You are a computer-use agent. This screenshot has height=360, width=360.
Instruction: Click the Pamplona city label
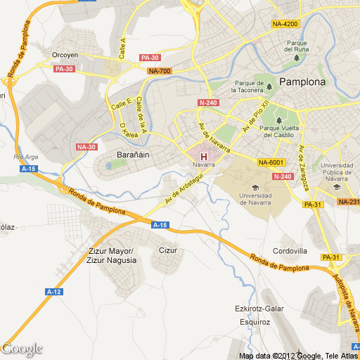303,82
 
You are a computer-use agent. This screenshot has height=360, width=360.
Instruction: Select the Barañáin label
130,154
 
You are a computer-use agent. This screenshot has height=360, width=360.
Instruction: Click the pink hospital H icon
204,156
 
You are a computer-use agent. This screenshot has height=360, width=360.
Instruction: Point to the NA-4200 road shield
285,25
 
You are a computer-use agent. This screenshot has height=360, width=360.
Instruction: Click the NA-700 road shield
160,71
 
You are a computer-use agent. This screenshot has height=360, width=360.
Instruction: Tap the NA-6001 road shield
271,162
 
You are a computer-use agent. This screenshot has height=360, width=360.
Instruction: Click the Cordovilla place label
290,251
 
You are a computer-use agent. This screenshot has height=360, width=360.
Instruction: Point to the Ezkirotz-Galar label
259,309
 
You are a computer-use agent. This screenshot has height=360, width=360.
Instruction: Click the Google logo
22,349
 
